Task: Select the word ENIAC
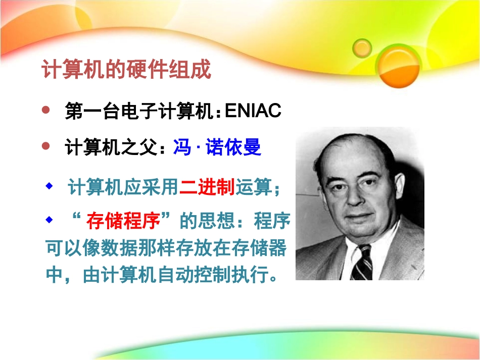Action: click(x=253, y=112)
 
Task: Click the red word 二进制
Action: click(x=207, y=188)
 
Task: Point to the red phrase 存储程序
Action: click(x=123, y=221)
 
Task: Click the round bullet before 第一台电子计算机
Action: click(x=46, y=110)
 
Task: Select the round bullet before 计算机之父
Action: click(x=46, y=146)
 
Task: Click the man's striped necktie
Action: click(x=362, y=263)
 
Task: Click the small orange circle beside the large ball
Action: click(x=362, y=48)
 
